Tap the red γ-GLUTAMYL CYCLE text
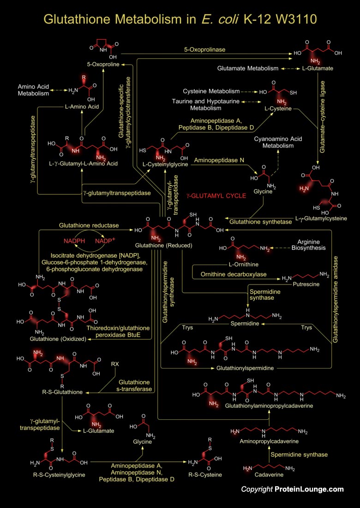[x=216, y=196]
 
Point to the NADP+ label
[x=105, y=241]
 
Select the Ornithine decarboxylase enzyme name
[x=233, y=274]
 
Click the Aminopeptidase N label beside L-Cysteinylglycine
[x=219, y=160]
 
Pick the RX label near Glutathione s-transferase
[x=115, y=364]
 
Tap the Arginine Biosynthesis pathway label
[x=312, y=245]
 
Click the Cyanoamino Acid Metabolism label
[x=278, y=142]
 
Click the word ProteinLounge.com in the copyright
[x=309, y=489]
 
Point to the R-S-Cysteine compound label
[x=205, y=475]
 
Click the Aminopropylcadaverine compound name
[x=268, y=441]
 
